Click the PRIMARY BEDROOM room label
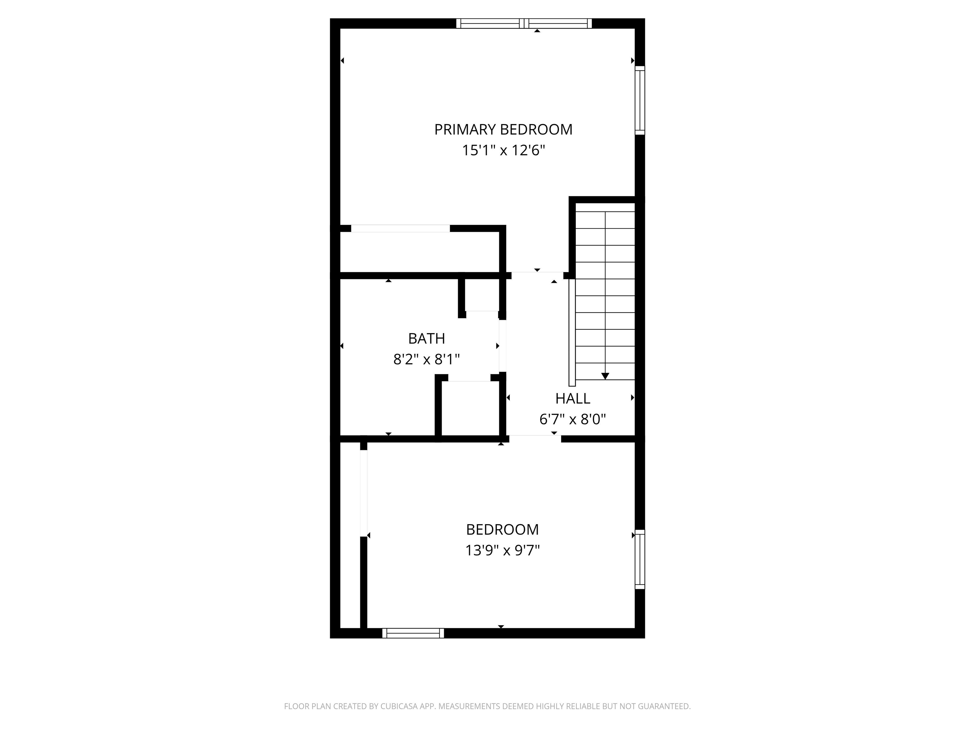(x=503, y=129)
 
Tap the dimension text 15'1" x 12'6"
(x=503, y=151)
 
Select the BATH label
(x=426, y=339)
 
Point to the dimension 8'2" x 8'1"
(x=426, y=359)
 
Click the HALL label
(x=573, y=398)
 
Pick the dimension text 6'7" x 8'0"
(x=573, y=419)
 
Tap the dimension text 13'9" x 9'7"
(x=502, y=550)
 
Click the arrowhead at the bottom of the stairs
(x=605, y=376)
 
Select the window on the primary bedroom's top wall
(x=524, y=23)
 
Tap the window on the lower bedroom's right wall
(x=640, y=559)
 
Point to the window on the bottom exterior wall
(x=413, y=633)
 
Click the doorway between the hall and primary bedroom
(x=537, y=275)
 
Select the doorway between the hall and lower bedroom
(x=535, y=439)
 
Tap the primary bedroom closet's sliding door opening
(x=400, y=228)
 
